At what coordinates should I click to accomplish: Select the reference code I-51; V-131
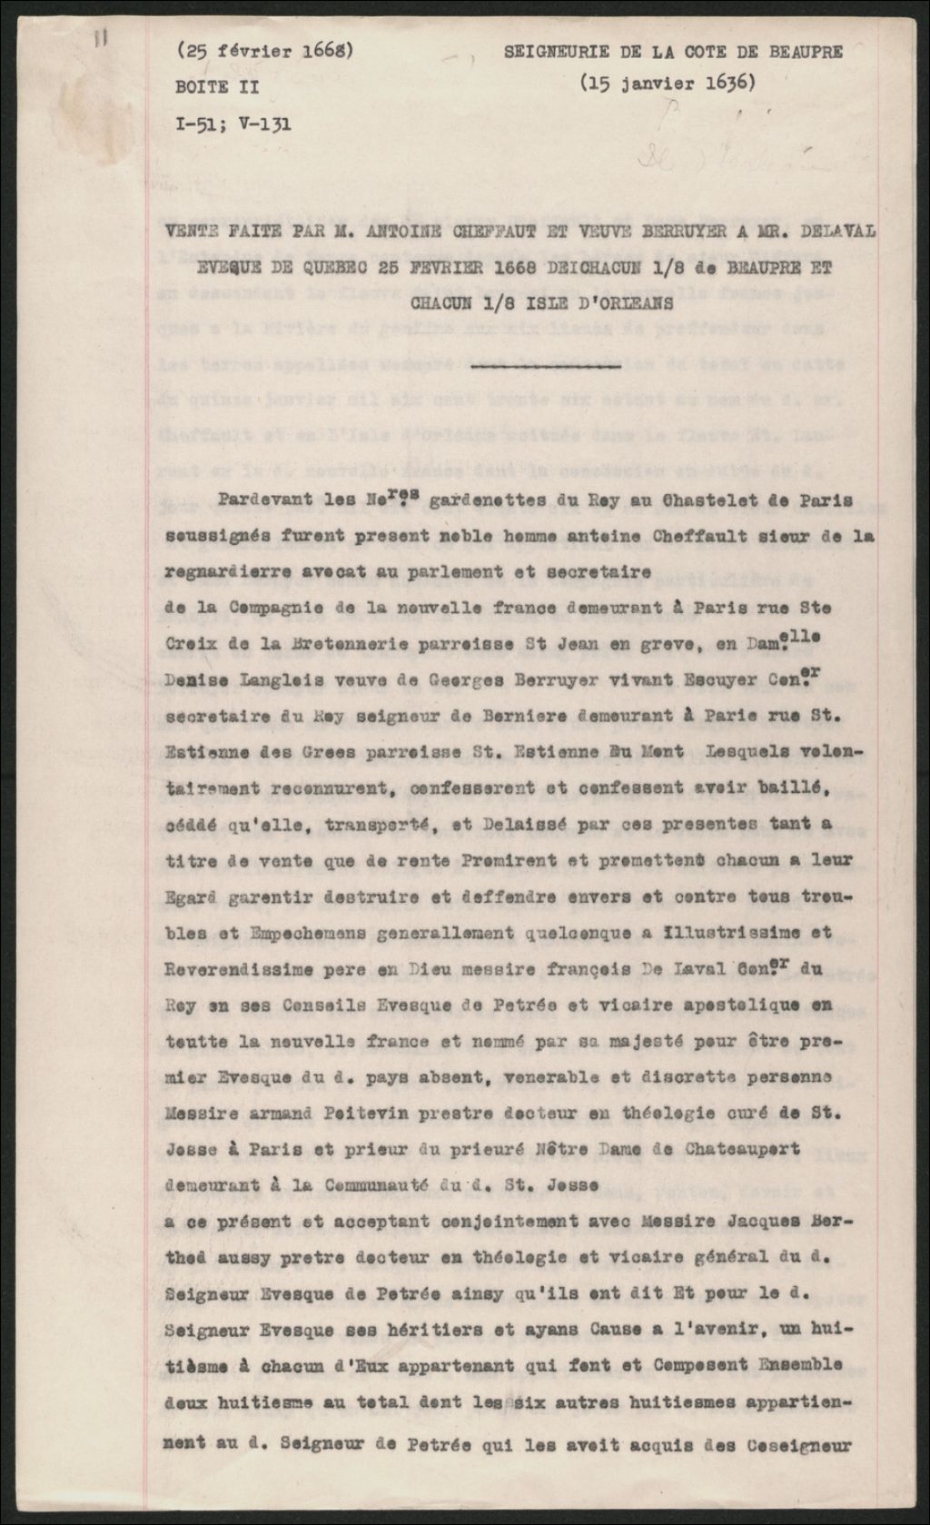tap(233, 124)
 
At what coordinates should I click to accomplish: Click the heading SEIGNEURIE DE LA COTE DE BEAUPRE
tap(673, 52)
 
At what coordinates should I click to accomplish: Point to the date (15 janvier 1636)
tap(668, 83)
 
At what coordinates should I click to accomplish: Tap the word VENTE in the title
tap(193, 233)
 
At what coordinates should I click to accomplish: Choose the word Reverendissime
tap(234, 969)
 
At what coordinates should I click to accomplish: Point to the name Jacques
tap(749, 1222)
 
